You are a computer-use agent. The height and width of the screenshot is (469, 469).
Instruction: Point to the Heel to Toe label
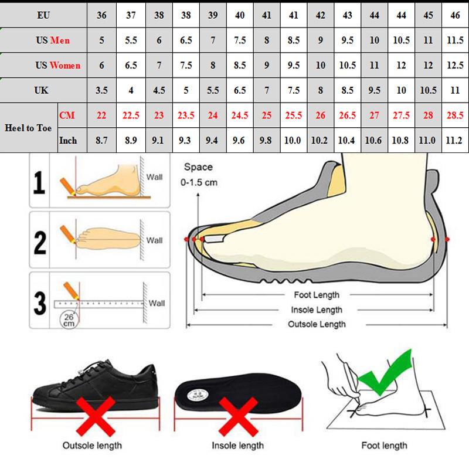29,128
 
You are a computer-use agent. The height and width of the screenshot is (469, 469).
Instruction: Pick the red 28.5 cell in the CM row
454,115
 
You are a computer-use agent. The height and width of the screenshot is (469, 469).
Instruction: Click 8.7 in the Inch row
101,141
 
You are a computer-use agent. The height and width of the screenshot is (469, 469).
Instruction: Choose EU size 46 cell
454,15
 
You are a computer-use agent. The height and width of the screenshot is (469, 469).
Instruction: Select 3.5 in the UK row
101,91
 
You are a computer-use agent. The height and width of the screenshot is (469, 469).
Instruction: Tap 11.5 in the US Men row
454,40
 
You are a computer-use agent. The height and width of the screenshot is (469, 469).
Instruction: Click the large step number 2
40,242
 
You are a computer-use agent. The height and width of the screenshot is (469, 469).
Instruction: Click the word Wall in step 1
155,176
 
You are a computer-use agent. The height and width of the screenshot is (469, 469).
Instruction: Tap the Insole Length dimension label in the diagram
317,310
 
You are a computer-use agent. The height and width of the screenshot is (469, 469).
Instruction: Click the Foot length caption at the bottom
384,446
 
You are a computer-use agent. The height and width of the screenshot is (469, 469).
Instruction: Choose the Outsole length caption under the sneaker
93,446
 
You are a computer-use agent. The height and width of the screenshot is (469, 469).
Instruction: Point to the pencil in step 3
72,290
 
